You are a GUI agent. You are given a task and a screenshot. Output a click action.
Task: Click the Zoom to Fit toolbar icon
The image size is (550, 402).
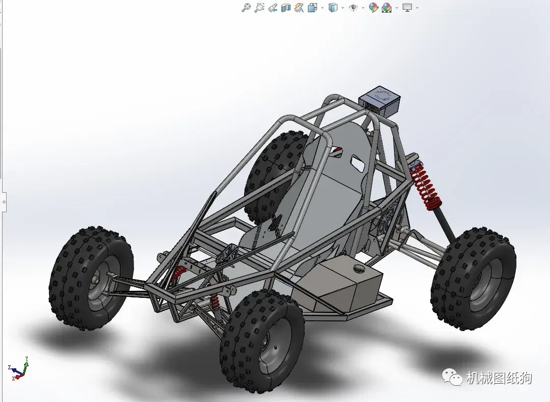pyautogui.click(x=246, y=7)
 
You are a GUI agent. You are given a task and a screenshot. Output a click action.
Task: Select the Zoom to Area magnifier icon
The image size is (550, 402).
pyautogui.click(x=259, y=7)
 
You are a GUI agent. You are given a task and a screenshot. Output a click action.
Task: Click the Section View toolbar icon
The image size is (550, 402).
pyautogui.click(x=286, y=7)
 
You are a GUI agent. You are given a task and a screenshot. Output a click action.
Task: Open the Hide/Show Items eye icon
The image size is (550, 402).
pyautogui.click(x=353, y=7)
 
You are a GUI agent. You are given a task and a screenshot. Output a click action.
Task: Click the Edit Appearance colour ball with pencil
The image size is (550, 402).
pyautogui.click(x=374, y=7)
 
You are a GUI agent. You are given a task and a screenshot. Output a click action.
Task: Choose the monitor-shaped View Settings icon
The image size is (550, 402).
pyautogui.click(x=407, y=7)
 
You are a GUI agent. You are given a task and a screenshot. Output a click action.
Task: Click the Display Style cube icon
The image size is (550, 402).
pyautogui.click(x=333, y=7)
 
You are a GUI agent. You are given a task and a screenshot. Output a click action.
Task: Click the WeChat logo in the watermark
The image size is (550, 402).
pyautogui.click(x=453, y=378)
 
